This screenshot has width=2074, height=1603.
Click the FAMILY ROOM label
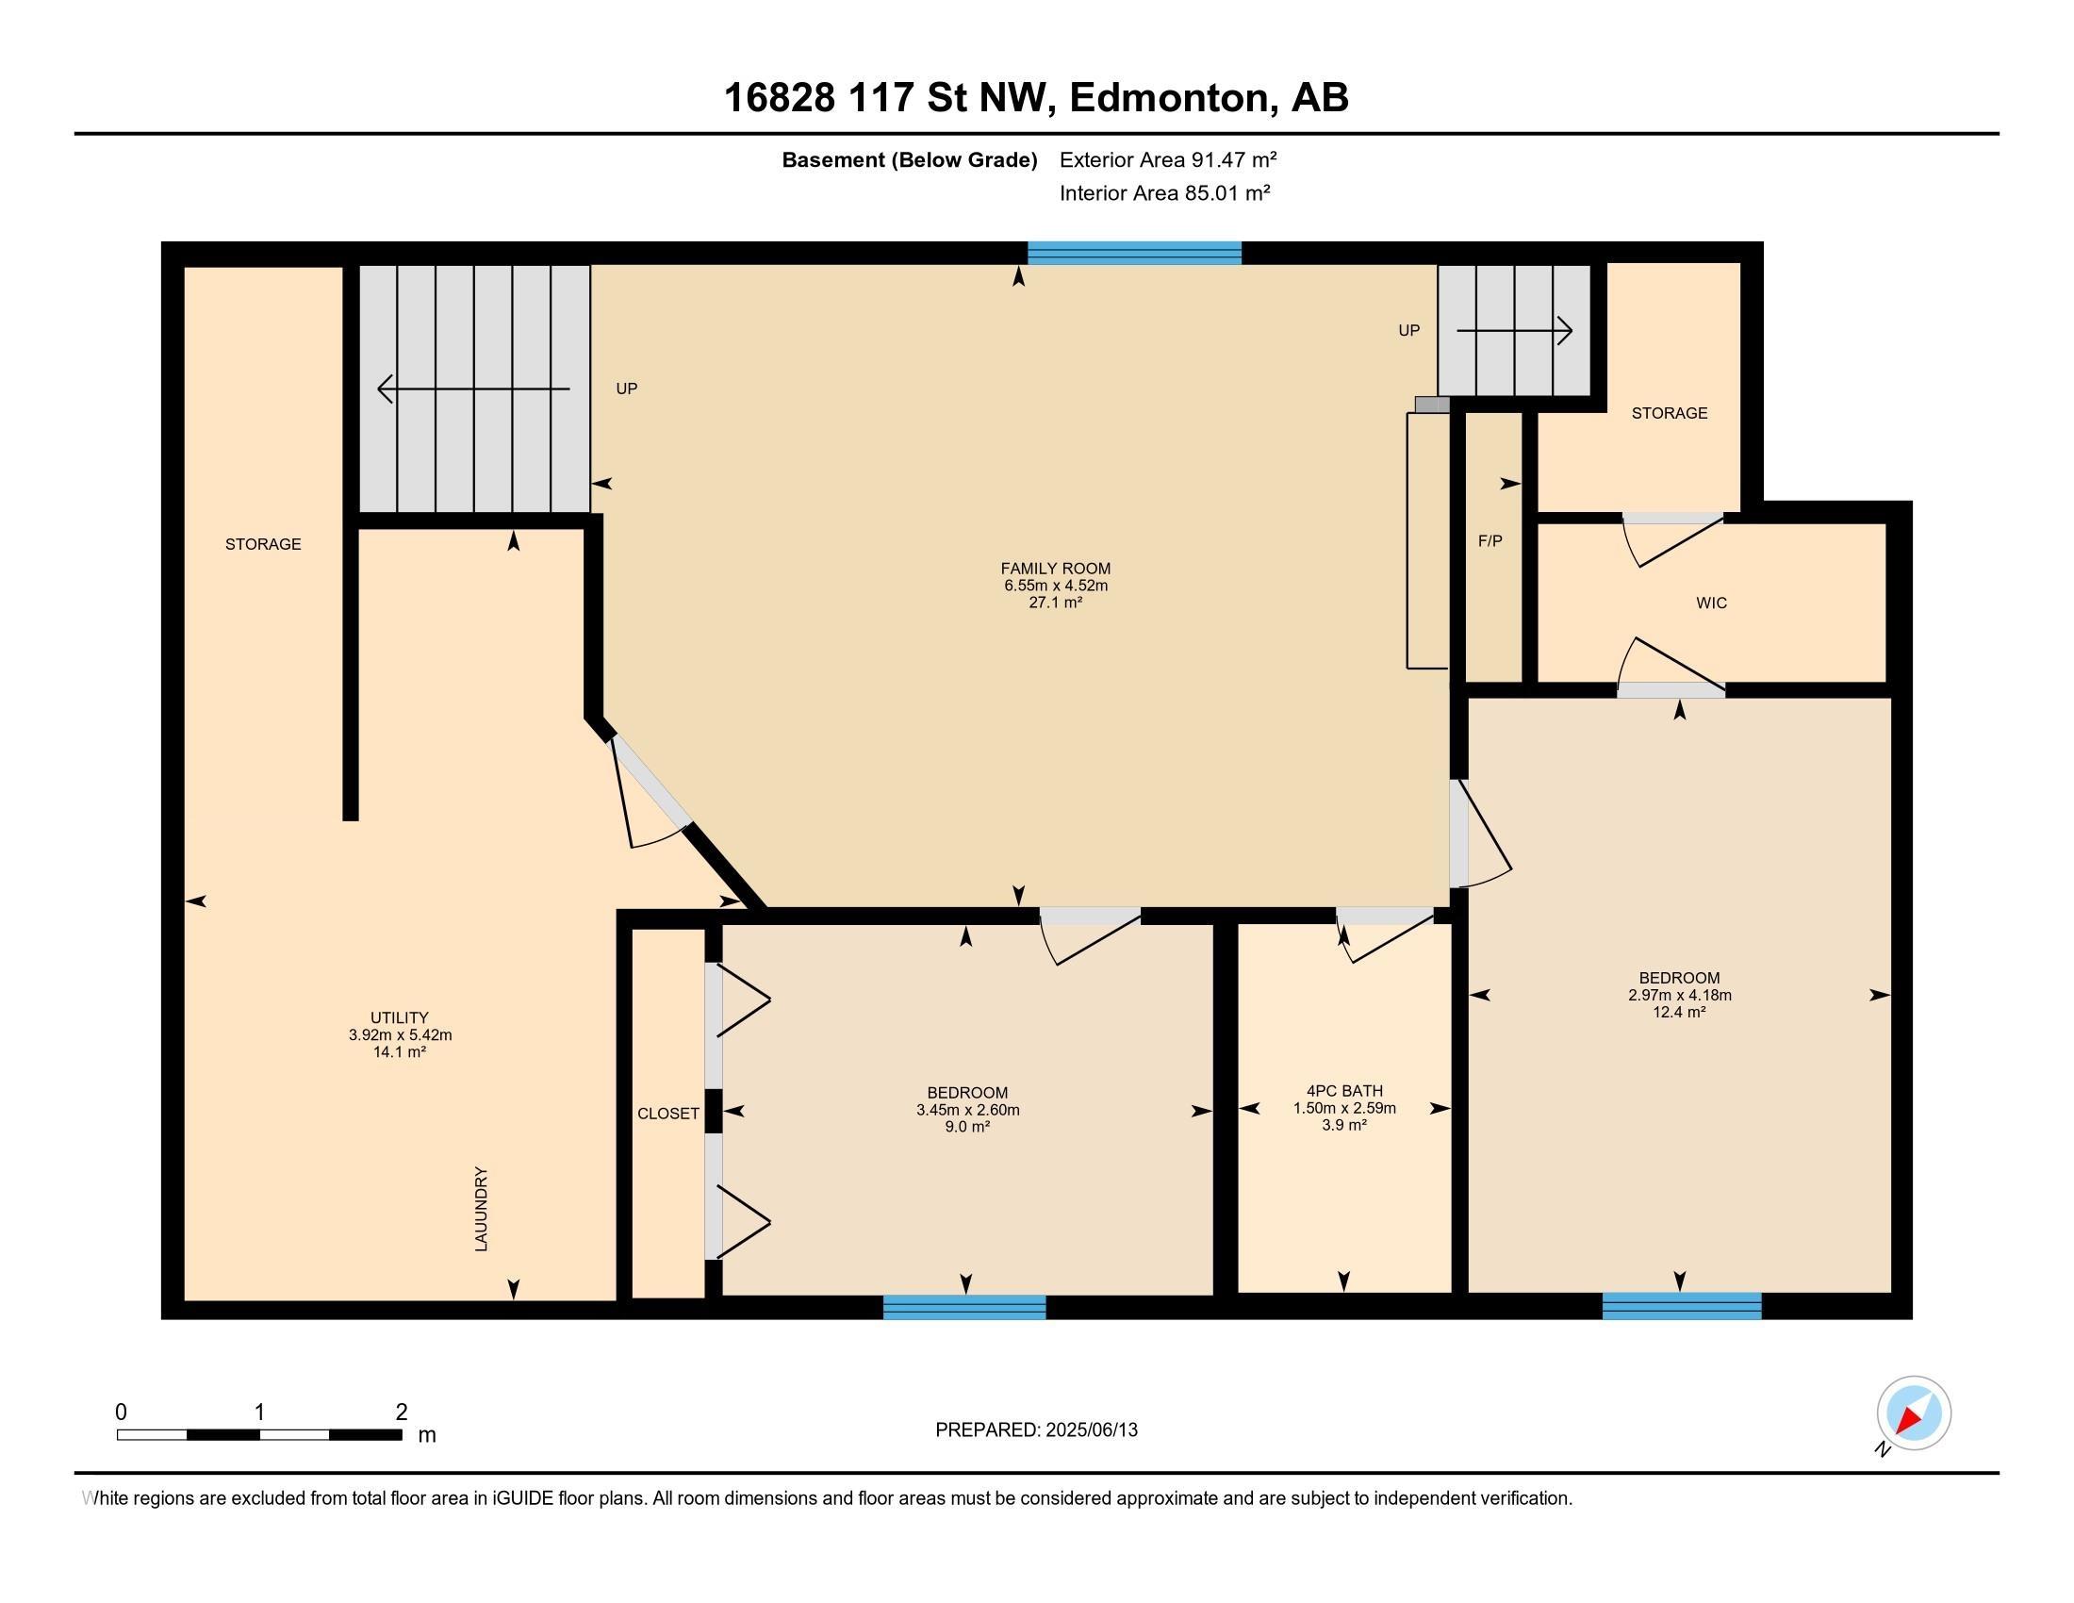1055,569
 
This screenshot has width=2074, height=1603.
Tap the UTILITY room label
400,1017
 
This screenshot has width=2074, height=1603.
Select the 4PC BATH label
1343,1091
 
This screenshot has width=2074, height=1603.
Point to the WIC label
1711,603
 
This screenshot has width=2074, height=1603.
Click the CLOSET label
667,1113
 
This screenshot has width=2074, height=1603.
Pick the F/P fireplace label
1490,541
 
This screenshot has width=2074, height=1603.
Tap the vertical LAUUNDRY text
482,1208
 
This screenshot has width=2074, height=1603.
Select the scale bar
259,1434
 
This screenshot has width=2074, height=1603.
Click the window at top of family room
1135,253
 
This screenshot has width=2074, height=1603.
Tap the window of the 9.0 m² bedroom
964,1308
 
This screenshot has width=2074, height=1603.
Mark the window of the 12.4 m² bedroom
1682,1307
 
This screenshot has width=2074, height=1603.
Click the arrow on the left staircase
474,388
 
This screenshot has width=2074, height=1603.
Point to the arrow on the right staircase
1515,330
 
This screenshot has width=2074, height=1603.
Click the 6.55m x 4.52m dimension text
1056,586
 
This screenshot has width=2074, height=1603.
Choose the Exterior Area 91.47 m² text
1168,159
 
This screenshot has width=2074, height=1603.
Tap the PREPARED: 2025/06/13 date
1036,1430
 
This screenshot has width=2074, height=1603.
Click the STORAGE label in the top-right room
1670,413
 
